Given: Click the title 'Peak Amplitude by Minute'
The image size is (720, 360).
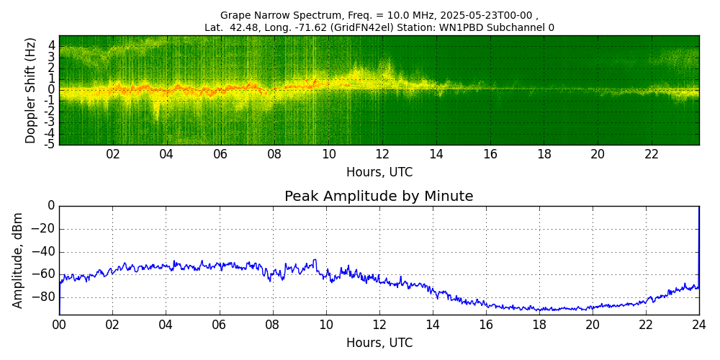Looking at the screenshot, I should point(379,197).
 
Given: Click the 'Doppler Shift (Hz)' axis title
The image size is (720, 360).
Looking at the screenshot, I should point(31,91).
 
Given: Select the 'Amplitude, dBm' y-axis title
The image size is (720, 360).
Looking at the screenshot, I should point(19,260).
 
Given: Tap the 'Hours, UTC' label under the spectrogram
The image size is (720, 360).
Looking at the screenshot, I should point(379,173).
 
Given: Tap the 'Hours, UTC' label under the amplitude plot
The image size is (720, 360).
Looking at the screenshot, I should point(379,343).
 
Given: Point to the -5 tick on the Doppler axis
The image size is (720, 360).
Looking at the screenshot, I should point(50,143).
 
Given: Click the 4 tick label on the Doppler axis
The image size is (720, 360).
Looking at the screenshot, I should point(52,45).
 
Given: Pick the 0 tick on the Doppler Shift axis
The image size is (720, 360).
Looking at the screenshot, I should point(52,90).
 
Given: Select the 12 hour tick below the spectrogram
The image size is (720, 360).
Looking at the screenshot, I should point(382,154).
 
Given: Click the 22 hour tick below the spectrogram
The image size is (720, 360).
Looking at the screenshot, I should point(652,154).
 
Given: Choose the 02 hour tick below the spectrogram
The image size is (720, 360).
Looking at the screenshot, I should point(113,154).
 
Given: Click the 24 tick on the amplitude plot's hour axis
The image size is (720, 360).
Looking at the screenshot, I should point(698,325).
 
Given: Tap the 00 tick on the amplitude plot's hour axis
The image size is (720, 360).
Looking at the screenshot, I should point(59,325).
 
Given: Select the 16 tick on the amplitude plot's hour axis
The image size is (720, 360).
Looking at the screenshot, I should point(486,325).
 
